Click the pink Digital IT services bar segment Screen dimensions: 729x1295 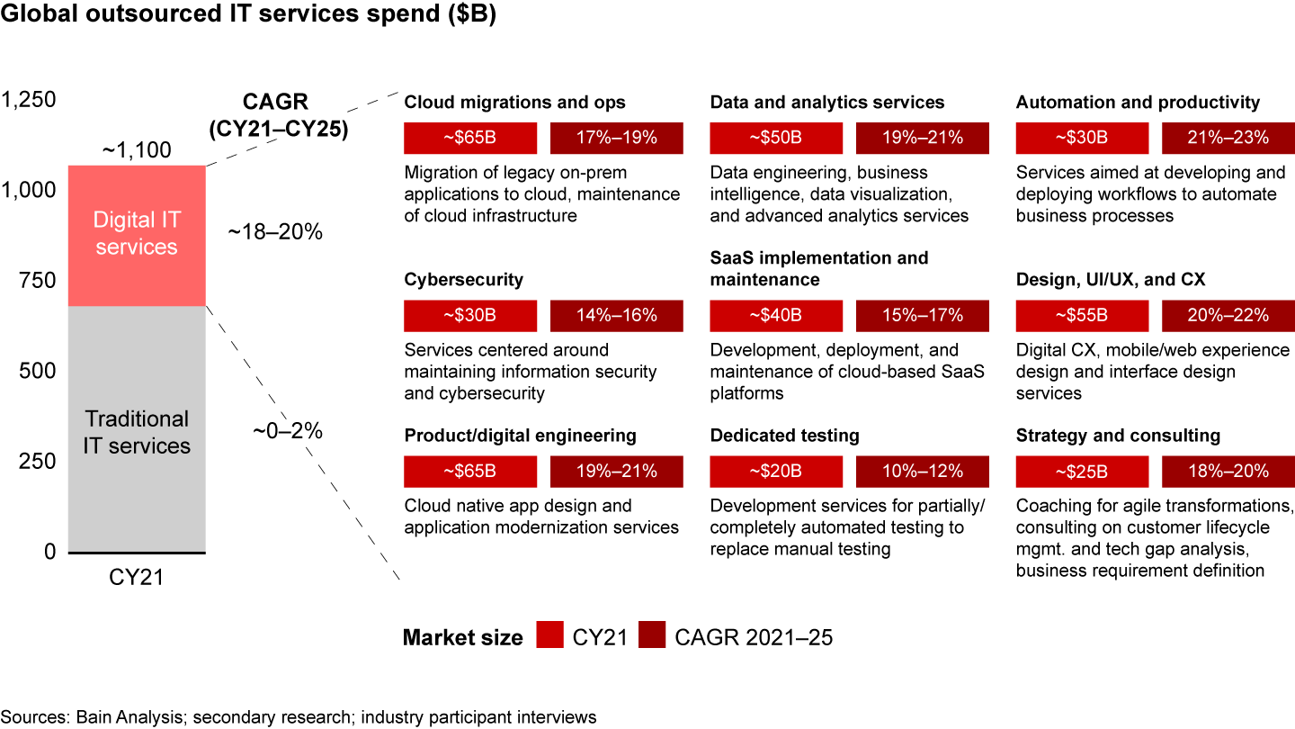(x=137, y=234)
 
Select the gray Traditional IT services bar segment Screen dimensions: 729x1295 (x=137, y=432)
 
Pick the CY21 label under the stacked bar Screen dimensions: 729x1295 (x=137, y=577)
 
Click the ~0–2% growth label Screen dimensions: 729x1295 (x=287, y=430)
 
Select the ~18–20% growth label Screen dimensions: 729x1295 (x=274, y=232)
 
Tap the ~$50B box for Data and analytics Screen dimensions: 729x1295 (x=776, y=138)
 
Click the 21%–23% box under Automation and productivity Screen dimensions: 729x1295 (x=1228, y=138)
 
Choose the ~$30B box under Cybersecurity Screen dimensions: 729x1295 (x=470, y=315)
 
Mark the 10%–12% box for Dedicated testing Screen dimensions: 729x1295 (x=922, y=472)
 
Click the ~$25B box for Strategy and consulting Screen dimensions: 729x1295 (x=1082, y=472)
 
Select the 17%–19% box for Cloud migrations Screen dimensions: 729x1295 (x=616, y=138)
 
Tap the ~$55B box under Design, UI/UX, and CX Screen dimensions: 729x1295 (x=1082, y=315)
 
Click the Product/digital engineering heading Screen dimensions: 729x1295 (x=520, y=436)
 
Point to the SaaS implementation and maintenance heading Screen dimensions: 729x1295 (x=818, y=268)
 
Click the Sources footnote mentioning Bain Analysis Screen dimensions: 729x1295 (x=299, y=716)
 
